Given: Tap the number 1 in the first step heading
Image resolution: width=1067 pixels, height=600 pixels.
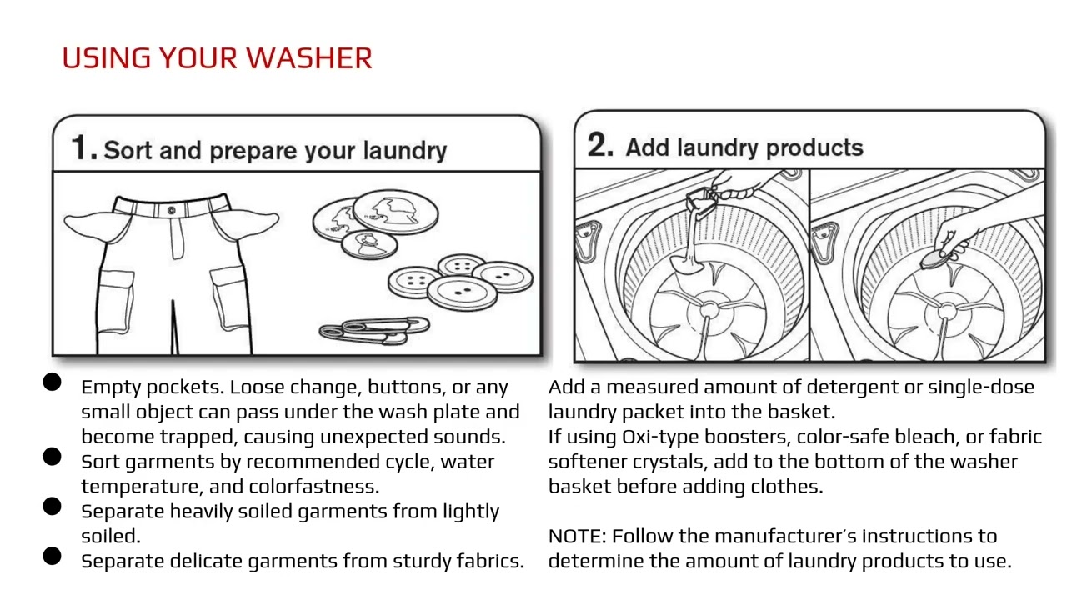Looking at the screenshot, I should (x=82, y=148).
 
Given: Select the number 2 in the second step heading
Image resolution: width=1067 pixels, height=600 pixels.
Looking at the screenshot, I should (x=600, y=145).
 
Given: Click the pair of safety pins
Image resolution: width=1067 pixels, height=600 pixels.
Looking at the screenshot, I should (x=373, y=328).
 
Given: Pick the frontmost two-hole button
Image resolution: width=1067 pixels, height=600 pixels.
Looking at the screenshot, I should (x=458, y=292).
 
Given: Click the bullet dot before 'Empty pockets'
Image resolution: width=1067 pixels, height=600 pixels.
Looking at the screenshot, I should (x=52, y=382).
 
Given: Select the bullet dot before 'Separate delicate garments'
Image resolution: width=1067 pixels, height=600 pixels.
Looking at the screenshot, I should (x=52, y=557).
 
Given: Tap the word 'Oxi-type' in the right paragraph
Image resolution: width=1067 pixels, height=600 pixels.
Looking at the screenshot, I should (x=660, y=437).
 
